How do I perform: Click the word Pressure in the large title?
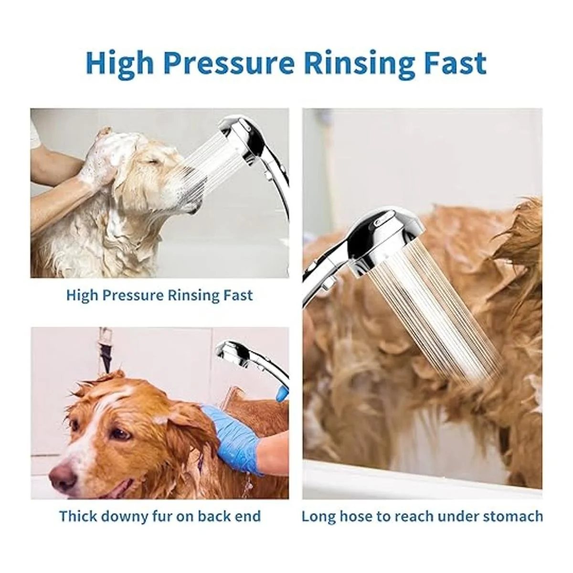(229, 64)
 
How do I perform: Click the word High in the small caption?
(82, 296)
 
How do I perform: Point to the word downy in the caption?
(125, 516)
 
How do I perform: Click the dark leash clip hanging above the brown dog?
(105, 354)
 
